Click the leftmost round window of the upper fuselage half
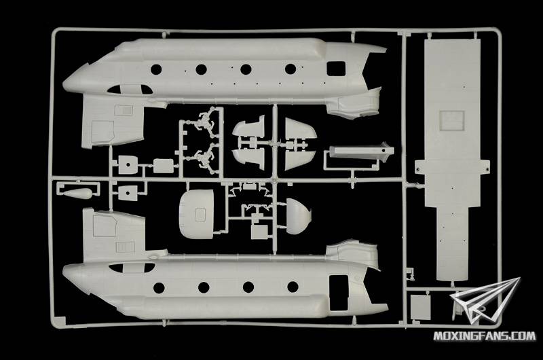point(156,69)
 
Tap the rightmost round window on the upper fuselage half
point(291,69)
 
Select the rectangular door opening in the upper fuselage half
point(336,68)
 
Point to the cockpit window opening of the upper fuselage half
point(130,90)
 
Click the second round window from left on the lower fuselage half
point(204,287)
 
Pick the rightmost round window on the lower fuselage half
point(293,287)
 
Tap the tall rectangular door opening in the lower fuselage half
point(339,293)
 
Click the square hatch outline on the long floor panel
point(452,120)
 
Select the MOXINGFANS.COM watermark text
point(485,336)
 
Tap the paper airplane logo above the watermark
point(485,301)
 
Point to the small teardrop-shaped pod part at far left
point(78,194)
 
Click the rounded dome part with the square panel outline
point(196,215)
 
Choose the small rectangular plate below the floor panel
point(420,307)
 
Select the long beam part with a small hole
point(361,152)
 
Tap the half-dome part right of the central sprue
point(299,216)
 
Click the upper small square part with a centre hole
point(128,164)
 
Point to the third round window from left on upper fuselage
point(246,69)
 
